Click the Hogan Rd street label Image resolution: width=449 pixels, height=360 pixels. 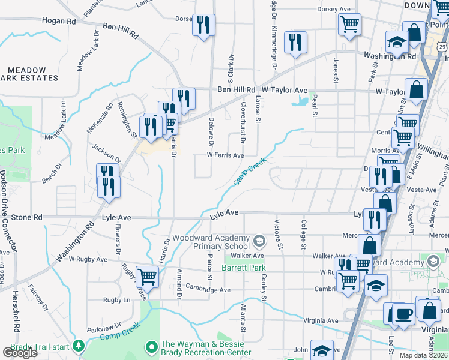pyautogui.click(x=59, y=21)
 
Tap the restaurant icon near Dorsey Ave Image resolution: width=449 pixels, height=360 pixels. pyautogui.click(x=203, y=25)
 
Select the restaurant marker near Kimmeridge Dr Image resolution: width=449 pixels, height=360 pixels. pyautogui.click(x=295, y=42)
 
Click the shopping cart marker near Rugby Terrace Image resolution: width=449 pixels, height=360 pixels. pyautogui.click(x=147, y=277)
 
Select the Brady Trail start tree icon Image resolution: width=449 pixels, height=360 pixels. pyautogui.click(x=78, y=346)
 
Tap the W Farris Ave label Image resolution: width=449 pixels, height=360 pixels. pyautogui.click(x=225, y=155)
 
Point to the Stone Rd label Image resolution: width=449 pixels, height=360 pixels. pyautogui.click(x=26, y=217)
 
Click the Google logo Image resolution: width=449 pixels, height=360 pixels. pyautogui.click(x=20, y=353)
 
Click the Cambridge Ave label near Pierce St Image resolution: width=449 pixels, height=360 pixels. pyautogui.click(x=208, y=290)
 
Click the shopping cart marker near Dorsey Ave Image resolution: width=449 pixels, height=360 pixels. pyautogui.click(x=349, y=25)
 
